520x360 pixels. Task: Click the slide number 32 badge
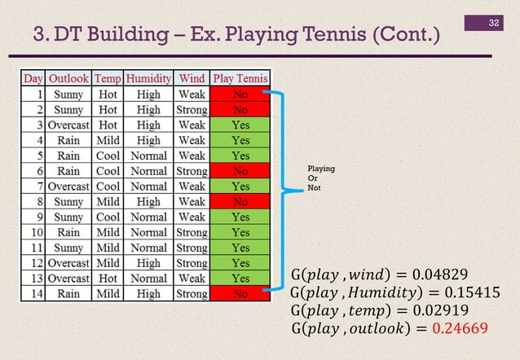(x=493, y=22)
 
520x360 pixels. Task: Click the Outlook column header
(x=69, y=79)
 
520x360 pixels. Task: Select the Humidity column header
(x=148, y=79)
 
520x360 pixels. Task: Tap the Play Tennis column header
(x=240, y=79)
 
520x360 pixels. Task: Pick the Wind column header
(x=192, y=79)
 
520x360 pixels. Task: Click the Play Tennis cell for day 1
(x=240, y=94)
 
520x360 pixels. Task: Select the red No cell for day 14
(x=240, y=294)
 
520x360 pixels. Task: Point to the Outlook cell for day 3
(x=69, y=125)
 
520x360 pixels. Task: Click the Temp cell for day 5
(x=108, y=156)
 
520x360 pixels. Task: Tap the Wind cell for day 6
(x=192, y=171)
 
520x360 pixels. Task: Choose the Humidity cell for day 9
(x=148, y=217)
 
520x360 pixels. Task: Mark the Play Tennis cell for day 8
(x=240, y=202)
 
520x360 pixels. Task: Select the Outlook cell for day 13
(x=69, y=279)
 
